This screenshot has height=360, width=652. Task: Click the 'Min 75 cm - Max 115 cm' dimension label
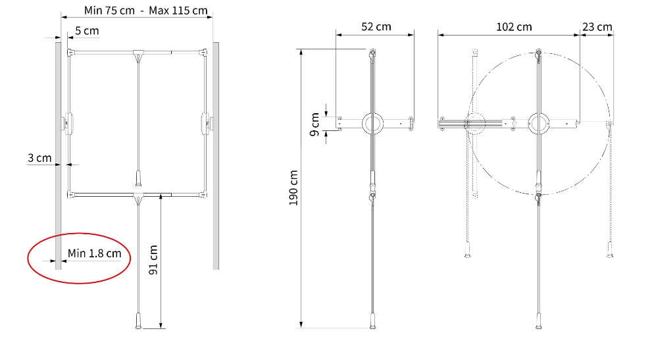pyautogui.click(x=145, y=11)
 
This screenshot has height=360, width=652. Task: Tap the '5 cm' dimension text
pyautogui.click(x=87, y=31)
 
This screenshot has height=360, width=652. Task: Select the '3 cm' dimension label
pyautogui.click(x=39, y=158)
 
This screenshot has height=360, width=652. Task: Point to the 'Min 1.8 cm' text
pyautogui.click(x=94, y=253)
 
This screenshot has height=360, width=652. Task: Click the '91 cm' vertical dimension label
pyautogui.click(x=153, y=260)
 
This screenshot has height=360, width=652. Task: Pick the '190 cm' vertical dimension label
pyautogui.click(x=293, y=188)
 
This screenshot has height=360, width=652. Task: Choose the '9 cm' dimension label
pyautogui.click(x=314, y=124)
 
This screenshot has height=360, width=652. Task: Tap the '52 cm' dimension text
pyautogui.click(x=376, y=26)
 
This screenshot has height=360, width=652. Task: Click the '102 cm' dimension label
pyautogui.click(x=514, y=27)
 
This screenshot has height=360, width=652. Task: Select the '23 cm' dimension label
pyautogui.click(x=597, y=27)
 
